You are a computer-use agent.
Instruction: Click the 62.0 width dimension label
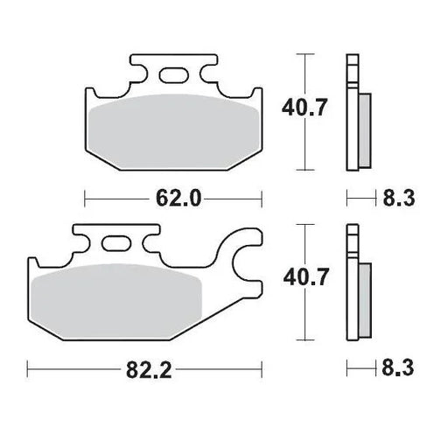[180, 199]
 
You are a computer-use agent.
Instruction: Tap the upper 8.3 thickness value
[395, 199]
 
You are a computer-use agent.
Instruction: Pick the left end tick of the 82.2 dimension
[28, 370]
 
